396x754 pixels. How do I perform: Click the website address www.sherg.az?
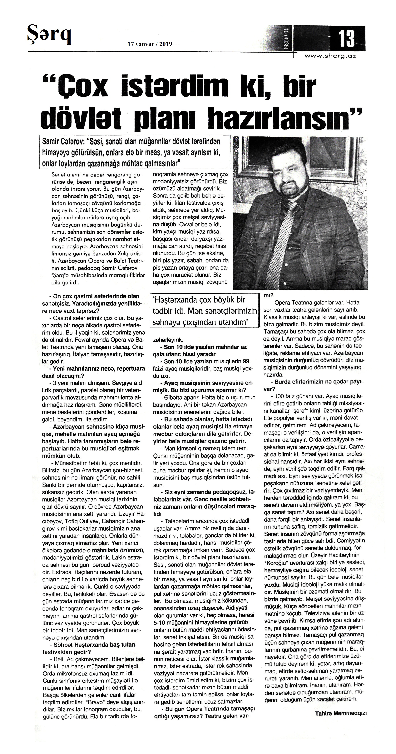click(x=330, y=57)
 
